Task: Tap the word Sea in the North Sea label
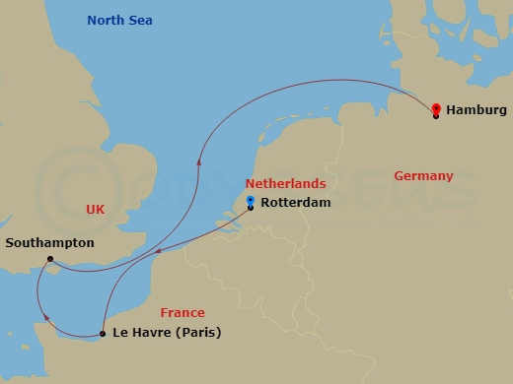140,21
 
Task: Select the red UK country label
96,210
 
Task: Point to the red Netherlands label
285,184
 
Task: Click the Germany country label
423,176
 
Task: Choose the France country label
183,312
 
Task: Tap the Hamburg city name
476,110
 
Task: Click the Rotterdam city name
295,204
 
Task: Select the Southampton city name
49,242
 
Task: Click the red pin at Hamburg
436,106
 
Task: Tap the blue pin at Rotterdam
251,198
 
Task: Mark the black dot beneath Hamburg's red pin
436,116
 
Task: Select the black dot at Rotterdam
251,207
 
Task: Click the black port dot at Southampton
49,260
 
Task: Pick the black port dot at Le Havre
103,334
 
